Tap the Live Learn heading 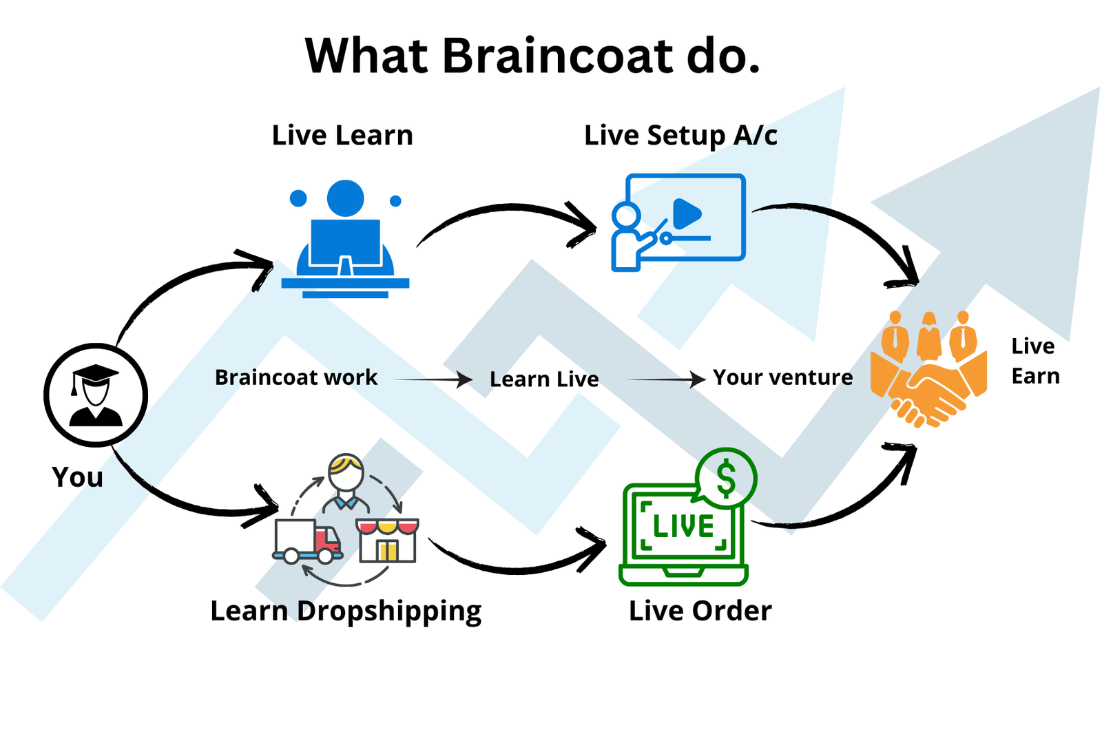pyautogui.click(x=342, y=135)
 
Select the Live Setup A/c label pyautogui.click(x=680, y=136)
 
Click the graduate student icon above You pyautogui.click(x=96, y=395)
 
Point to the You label pyautogui.click(x=77, y=477)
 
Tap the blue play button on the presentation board pyautogui.click(x=686, y=213)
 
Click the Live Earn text pyautogui.click(x=1035, y=361)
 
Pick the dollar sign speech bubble pyautogui.click(x=726, y=479)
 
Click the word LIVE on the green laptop pyautogui.click(x=683, y=527)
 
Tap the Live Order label pyautogui.click(x=700, y=611)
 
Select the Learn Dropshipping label pyautogui.click(x=346, y=611)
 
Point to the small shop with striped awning pyautogui.click(x=387, y=541)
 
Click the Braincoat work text pyautogui.click(x=296, y=377)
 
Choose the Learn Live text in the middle pyautogui.click(x=544, y=379)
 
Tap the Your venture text pyautogui.click(x=782, y=377)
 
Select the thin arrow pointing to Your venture pyautogui.click(x=665, y=379)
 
